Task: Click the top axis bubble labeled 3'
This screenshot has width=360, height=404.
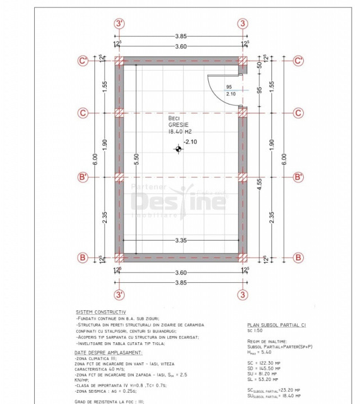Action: tap(119, 24)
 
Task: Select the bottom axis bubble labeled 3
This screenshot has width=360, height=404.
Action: tap(243, 294)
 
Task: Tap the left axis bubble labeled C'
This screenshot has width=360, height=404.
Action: tap(83, 61)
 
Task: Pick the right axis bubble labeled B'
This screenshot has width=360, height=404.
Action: tap(299, 177)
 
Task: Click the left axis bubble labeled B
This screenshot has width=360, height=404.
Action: tap(83, 258)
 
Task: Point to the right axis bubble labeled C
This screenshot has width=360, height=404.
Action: tap(299, 113)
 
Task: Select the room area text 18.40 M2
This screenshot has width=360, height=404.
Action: tap(180, 131)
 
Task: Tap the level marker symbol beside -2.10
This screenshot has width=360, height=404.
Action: tap(179, 149)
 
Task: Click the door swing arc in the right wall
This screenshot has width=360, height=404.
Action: tap(210, 91)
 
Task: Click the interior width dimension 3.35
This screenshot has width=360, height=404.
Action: tap(181, 240)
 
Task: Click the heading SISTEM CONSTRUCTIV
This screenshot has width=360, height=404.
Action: tap(101, 312)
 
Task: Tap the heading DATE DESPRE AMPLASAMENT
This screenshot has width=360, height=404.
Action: tap(108, 352)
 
